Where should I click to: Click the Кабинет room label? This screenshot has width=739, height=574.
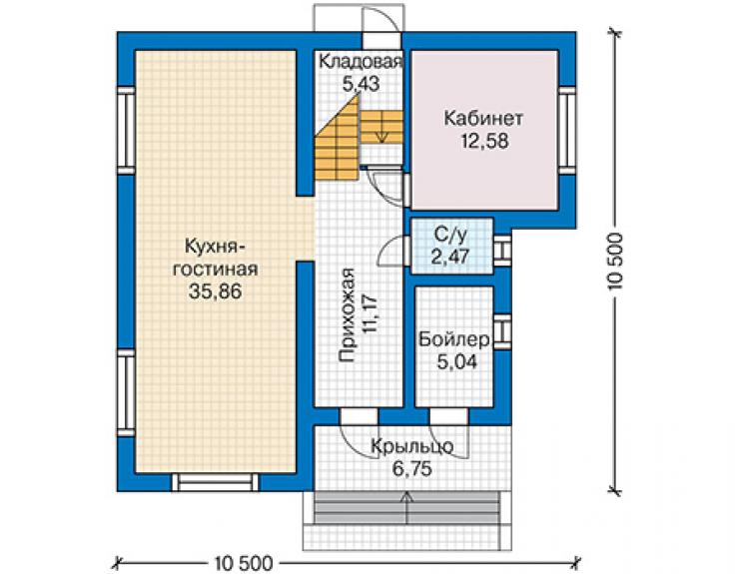coord(483,118)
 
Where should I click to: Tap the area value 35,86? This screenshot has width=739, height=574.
coord(215,291)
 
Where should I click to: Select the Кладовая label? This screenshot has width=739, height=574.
coord(362,61)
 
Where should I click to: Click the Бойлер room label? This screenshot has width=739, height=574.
coord(454,339)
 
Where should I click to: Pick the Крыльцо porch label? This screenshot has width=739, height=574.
coord(412,446)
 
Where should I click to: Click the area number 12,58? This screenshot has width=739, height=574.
coord(485,141)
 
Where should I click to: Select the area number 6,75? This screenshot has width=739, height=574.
coord(411,469)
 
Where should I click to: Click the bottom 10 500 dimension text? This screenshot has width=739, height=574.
coord(244,563)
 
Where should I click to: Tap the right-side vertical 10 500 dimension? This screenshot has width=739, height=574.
coord(615,262)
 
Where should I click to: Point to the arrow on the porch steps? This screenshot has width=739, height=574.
coord(406,507)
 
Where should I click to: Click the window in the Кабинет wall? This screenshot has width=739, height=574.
coord(567,130)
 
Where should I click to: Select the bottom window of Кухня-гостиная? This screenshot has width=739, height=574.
coord(215,482)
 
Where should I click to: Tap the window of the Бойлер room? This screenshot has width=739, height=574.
coord(502,331)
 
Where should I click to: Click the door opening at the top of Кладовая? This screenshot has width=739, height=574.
coord(382,41)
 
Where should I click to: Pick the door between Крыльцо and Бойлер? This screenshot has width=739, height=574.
coord(448,416)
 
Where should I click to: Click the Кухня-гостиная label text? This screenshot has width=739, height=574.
coord(216,258)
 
